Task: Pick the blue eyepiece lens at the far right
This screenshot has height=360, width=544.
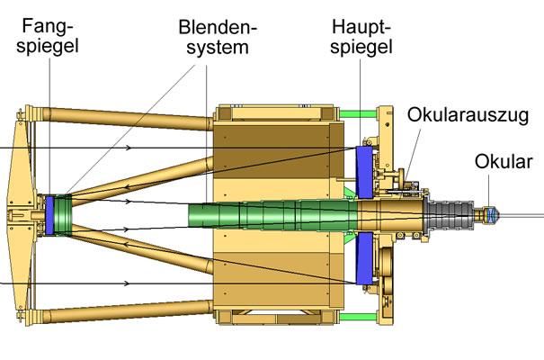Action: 494,216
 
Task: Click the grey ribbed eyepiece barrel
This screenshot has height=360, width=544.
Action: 450,216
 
